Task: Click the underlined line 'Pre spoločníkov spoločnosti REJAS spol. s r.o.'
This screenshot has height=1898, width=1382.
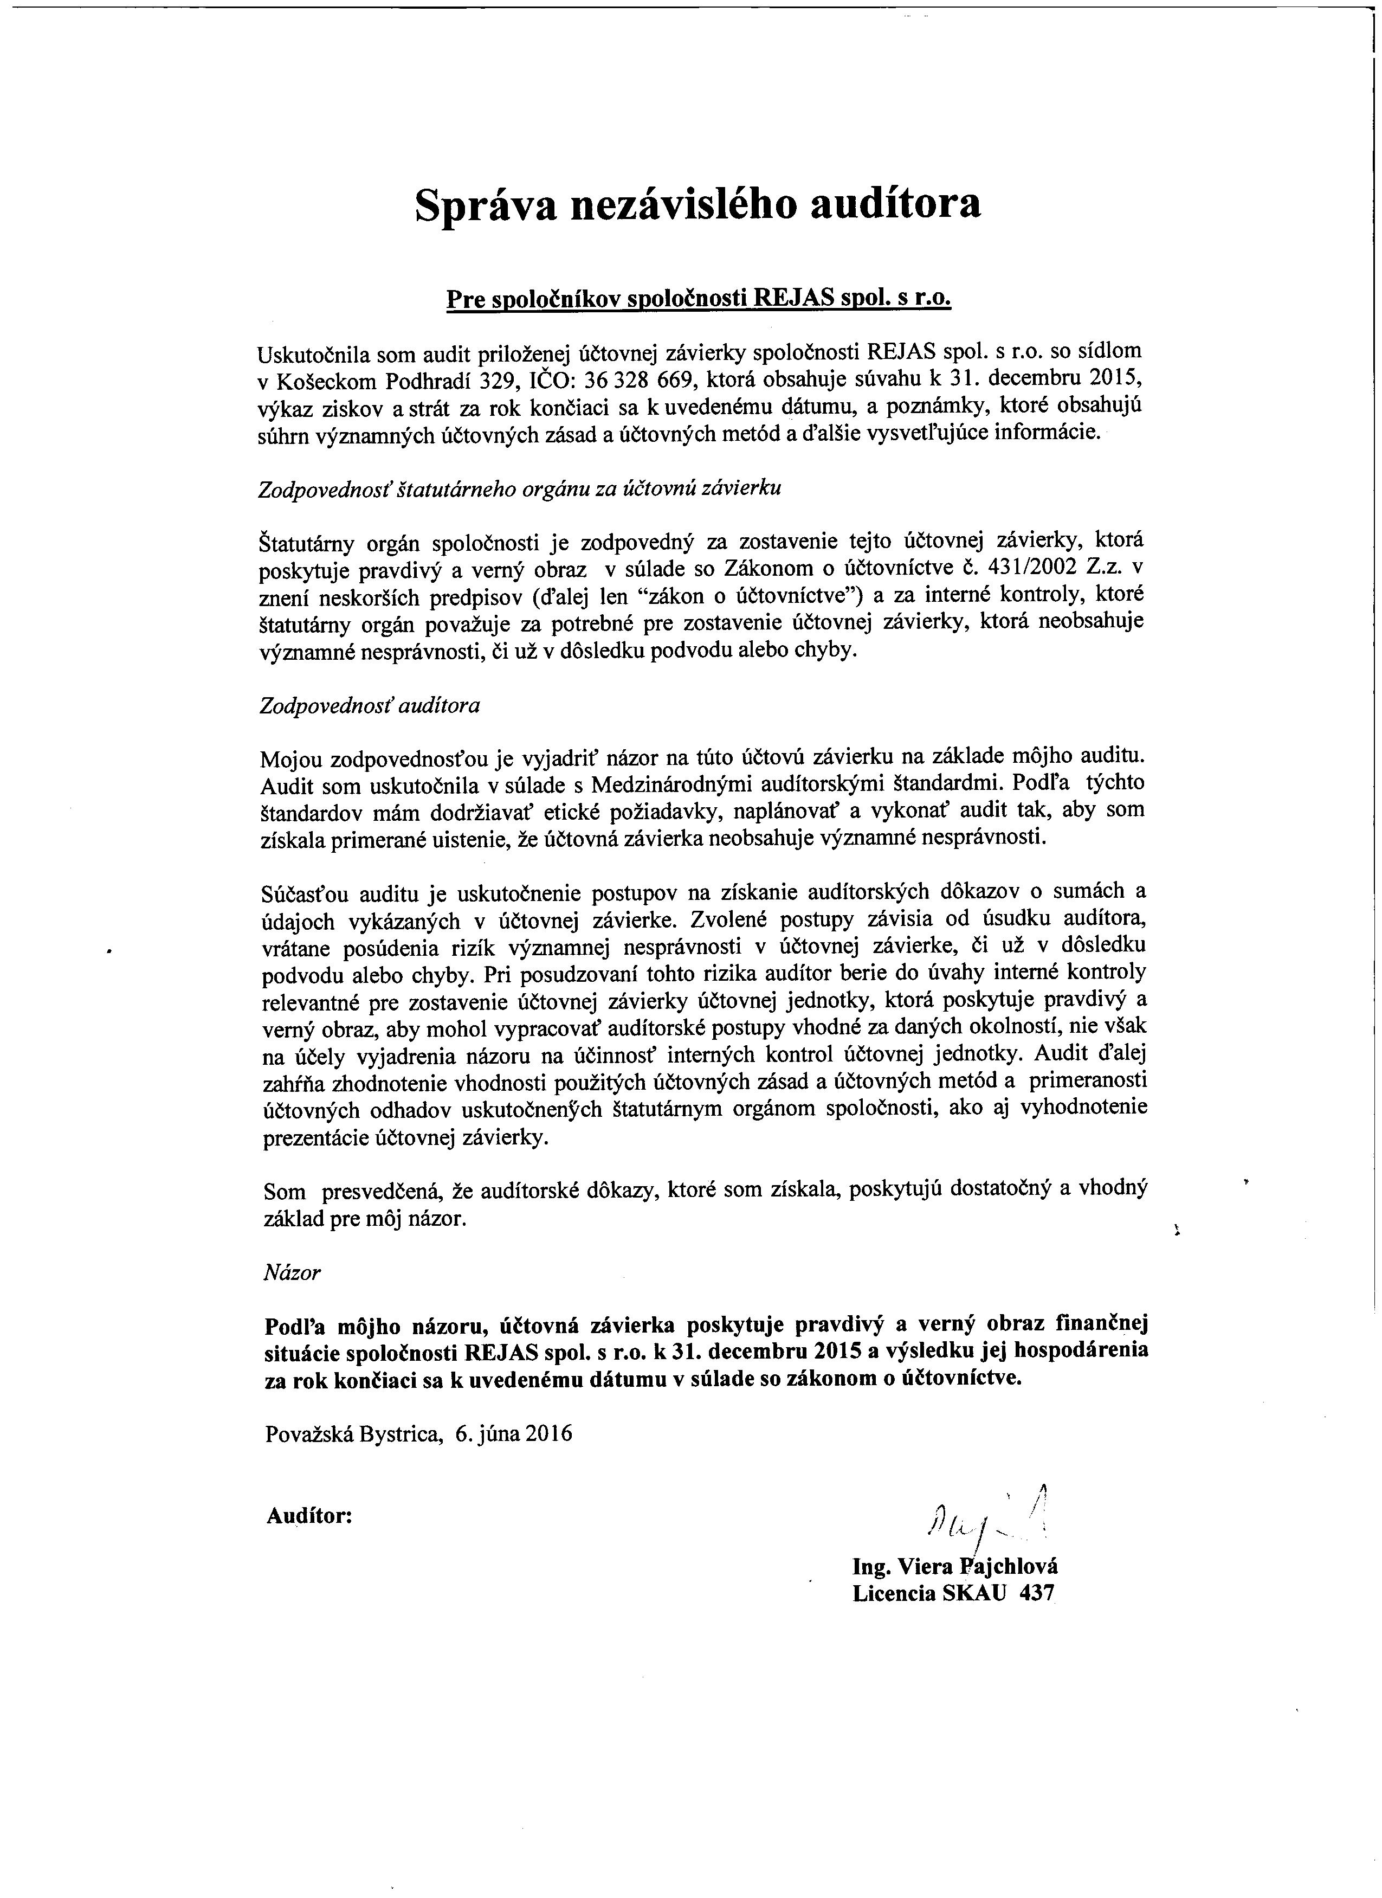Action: [699, 300]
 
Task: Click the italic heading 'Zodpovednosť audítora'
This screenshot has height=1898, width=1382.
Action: [370, 705]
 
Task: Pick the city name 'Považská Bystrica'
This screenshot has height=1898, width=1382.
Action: [353, 1433]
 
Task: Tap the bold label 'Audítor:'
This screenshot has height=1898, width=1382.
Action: [308, 1516]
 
